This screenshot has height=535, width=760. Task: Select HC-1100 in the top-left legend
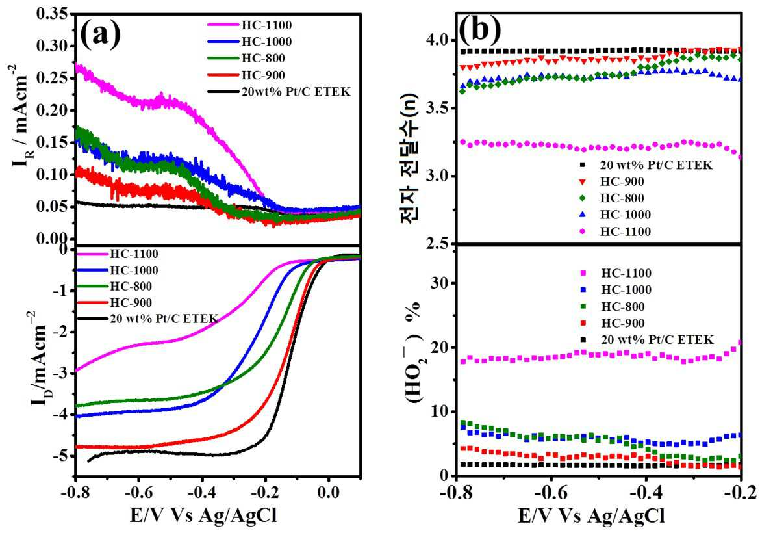[266, 25]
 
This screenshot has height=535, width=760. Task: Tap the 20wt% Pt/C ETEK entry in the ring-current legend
[296, 91]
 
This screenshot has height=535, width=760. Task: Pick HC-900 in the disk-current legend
[131, 303]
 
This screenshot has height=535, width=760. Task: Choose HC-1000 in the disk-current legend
[134, 270]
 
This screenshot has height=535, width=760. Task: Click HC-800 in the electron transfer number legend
[622, 198]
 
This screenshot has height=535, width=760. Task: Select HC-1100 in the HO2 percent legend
[626, 273]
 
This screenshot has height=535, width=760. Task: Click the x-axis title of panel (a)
[203, 515]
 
